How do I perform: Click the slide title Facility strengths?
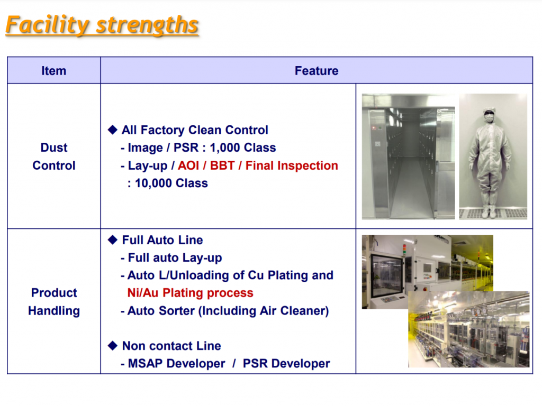[102, 25]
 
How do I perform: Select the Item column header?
[53, 71]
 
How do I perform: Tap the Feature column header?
[316, 71]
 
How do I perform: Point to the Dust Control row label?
[53, 156]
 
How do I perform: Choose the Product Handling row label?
[53, 302]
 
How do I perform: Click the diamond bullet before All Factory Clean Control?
[112, 130]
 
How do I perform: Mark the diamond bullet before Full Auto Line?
[112, 239]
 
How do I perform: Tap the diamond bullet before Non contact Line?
[112, 345]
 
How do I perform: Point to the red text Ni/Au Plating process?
[190, 293]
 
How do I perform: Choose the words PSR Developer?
[286, 364]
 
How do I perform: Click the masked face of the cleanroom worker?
[489, 117]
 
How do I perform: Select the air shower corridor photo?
[408, 156]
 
